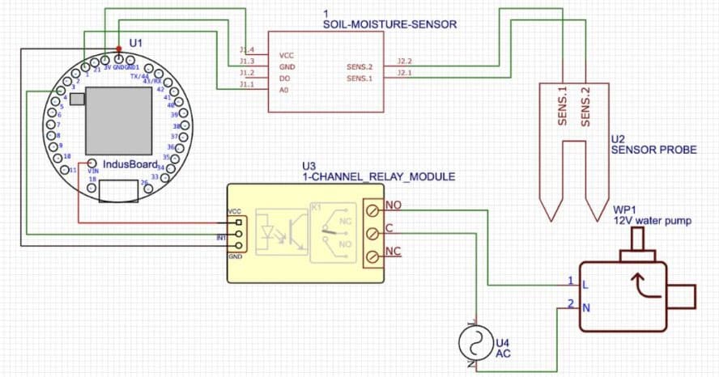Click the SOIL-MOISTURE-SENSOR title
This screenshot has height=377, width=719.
click(389, 25)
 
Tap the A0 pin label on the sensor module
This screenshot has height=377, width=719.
click(284, 90)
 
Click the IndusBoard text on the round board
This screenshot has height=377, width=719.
click(130, 164)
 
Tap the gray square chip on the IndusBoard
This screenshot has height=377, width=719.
click(118, 120)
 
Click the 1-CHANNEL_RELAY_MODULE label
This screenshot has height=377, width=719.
click(378, 176)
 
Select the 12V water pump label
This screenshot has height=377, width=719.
click(652, 220)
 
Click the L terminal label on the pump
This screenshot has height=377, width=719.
click(584, 285)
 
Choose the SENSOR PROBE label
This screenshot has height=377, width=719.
click(644, 150)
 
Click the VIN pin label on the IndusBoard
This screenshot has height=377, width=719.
click(92, 171)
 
